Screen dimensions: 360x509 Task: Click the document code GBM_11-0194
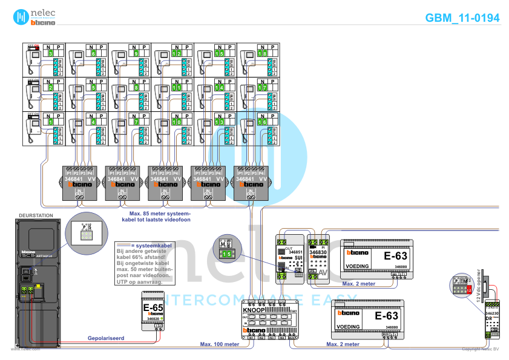tap(462, 18)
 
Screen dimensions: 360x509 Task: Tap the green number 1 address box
tap(51, 122)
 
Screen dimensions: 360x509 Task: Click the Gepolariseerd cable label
tap(105, 338)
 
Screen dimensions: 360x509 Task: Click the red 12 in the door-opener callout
tap(469, 290)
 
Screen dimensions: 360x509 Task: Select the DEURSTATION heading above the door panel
tap(36, 215)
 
